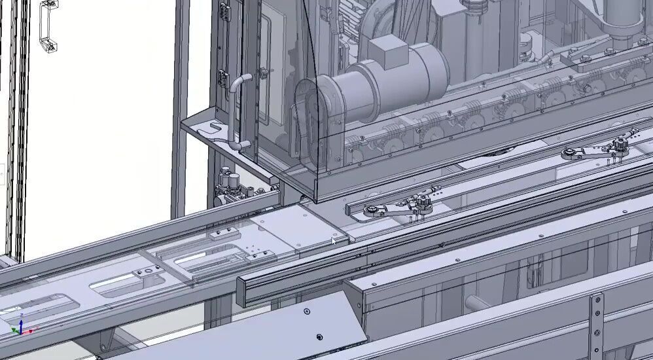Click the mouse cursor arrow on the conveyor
pyautogui.click(x=334, y=242)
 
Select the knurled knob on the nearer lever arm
pyautogui.click(x=423, y=204)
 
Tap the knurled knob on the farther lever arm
pyautogui.click(x=620, y=144)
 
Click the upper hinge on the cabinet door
pyautogui.click(x=224, y=12)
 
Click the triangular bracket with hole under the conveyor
pyautogui.click(x=104, y=341)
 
